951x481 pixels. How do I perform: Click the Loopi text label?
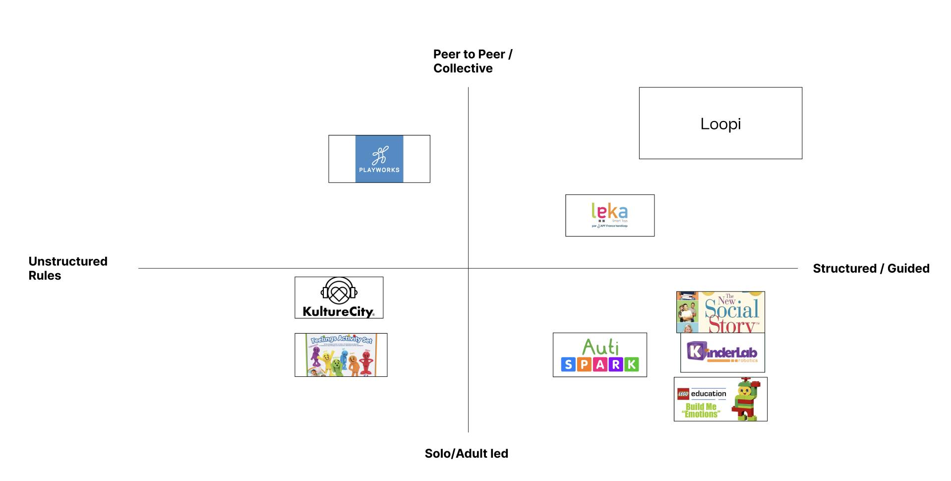(720, 124)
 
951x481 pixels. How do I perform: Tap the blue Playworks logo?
(379, 159)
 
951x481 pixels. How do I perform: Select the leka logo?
(609, 215)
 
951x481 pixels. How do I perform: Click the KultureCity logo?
(339, 298)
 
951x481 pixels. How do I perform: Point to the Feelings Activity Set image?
(341, 355)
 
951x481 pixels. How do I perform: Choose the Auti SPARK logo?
(600, 355)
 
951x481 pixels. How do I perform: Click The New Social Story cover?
(720, 312)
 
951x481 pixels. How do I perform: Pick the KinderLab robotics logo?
(722, 353)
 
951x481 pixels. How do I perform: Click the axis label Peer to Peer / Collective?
(472, 61)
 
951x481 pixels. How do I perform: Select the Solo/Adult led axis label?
(466, 453)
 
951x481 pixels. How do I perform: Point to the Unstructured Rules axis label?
(67, 268)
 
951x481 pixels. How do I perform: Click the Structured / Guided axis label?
(871, 268)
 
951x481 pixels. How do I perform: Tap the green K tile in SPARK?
(631, 364)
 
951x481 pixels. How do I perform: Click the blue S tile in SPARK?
(568, 364)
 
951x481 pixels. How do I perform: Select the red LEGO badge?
(683, 394)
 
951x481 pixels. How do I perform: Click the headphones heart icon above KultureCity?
(339, 291)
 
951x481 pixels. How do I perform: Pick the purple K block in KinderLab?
(696, 351)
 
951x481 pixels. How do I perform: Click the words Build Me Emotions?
(701, 411)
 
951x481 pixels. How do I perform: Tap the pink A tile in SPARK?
(600, 364)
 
